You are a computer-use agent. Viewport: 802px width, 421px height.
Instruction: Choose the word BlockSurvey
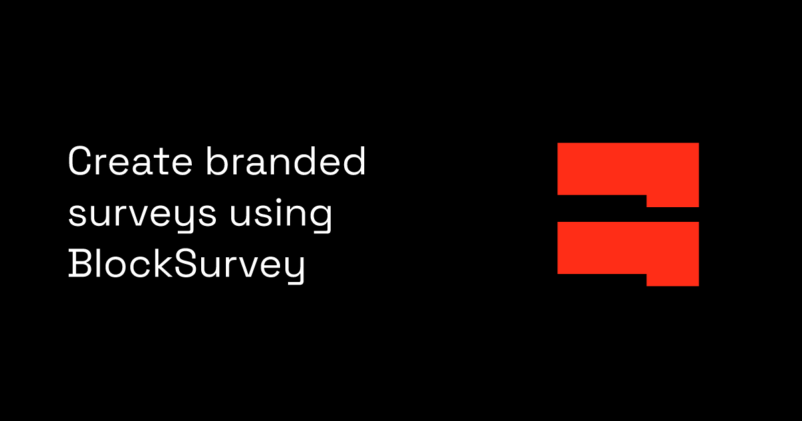(186, 266)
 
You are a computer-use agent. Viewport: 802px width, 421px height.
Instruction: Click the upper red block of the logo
(628, 169)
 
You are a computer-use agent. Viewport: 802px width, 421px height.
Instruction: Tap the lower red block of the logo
(628, 249)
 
